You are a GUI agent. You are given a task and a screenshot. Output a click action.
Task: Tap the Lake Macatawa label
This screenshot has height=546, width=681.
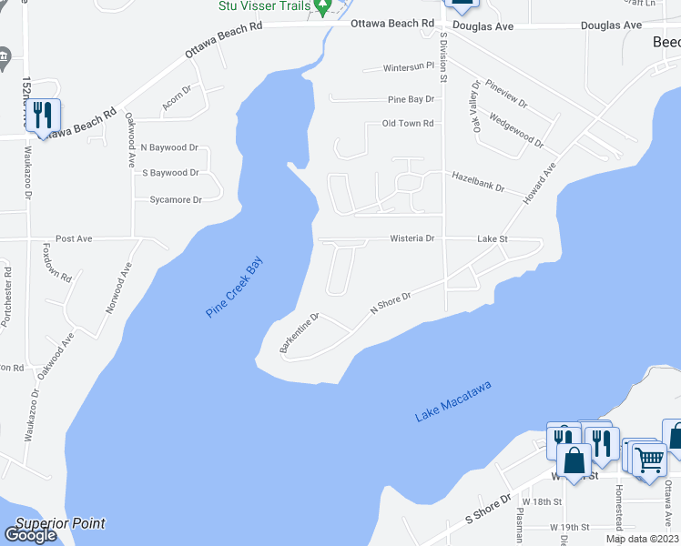pos(453,400)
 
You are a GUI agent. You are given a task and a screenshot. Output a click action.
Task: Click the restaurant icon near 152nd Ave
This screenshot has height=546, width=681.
pos(43,114)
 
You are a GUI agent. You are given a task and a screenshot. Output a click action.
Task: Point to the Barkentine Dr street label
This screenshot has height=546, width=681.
pos(299,333)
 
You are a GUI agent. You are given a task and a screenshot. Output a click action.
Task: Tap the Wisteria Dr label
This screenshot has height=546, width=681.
pos(412,238)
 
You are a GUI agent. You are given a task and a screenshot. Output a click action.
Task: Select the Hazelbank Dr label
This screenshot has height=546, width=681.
pos(478,186)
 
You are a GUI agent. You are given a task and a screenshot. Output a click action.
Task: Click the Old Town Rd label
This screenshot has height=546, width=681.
pos(407,123)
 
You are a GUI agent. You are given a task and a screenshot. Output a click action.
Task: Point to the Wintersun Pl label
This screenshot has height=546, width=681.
pos(409,67)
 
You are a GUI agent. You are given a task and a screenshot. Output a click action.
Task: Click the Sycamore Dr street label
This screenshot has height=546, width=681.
pos(176,199)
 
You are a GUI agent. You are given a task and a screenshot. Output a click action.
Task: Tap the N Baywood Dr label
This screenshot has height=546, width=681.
pos(169,147)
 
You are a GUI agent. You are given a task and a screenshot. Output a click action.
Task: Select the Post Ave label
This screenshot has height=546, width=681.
pos(74,238)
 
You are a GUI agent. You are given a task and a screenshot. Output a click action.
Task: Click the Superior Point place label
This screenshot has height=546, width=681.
pos(60,523)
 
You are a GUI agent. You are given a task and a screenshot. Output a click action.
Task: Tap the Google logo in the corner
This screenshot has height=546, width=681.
pos(31,536)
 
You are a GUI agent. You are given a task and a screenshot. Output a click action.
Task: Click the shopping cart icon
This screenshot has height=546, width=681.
pos(648,460)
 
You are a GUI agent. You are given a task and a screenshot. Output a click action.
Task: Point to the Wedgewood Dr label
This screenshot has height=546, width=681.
pos(515,129)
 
